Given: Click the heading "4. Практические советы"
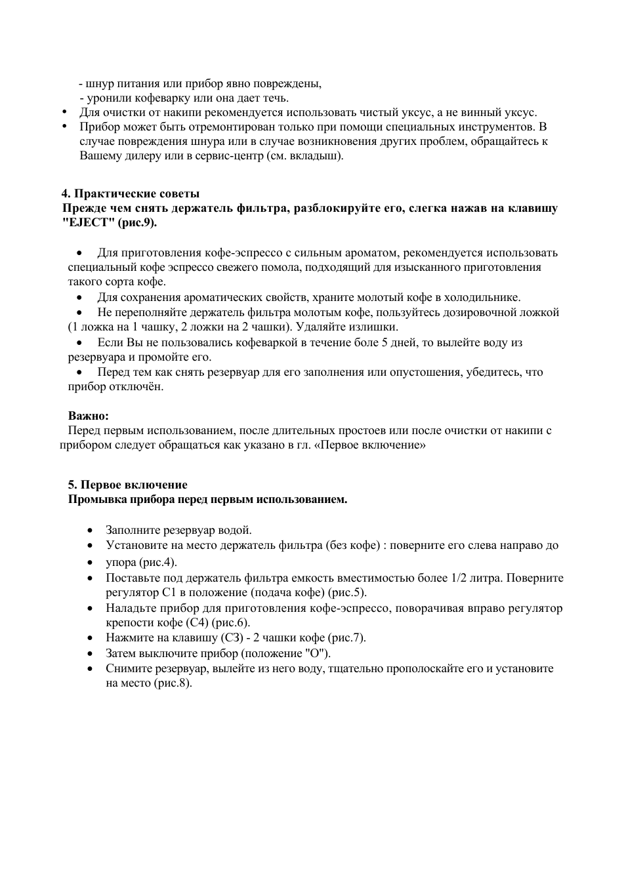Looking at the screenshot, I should pos(131,193).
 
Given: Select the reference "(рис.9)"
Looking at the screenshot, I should pos(138,223).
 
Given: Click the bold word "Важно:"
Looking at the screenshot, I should pos(89,416).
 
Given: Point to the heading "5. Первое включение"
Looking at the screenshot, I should pos(128,485).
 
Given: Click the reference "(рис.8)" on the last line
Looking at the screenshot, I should pos(173,683).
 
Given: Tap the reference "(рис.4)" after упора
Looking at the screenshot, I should pos(158,562).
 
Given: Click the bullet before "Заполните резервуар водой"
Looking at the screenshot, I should pos(91,531).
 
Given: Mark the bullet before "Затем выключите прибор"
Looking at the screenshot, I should pos(91,654).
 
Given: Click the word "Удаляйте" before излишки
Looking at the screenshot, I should pos(318,327).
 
